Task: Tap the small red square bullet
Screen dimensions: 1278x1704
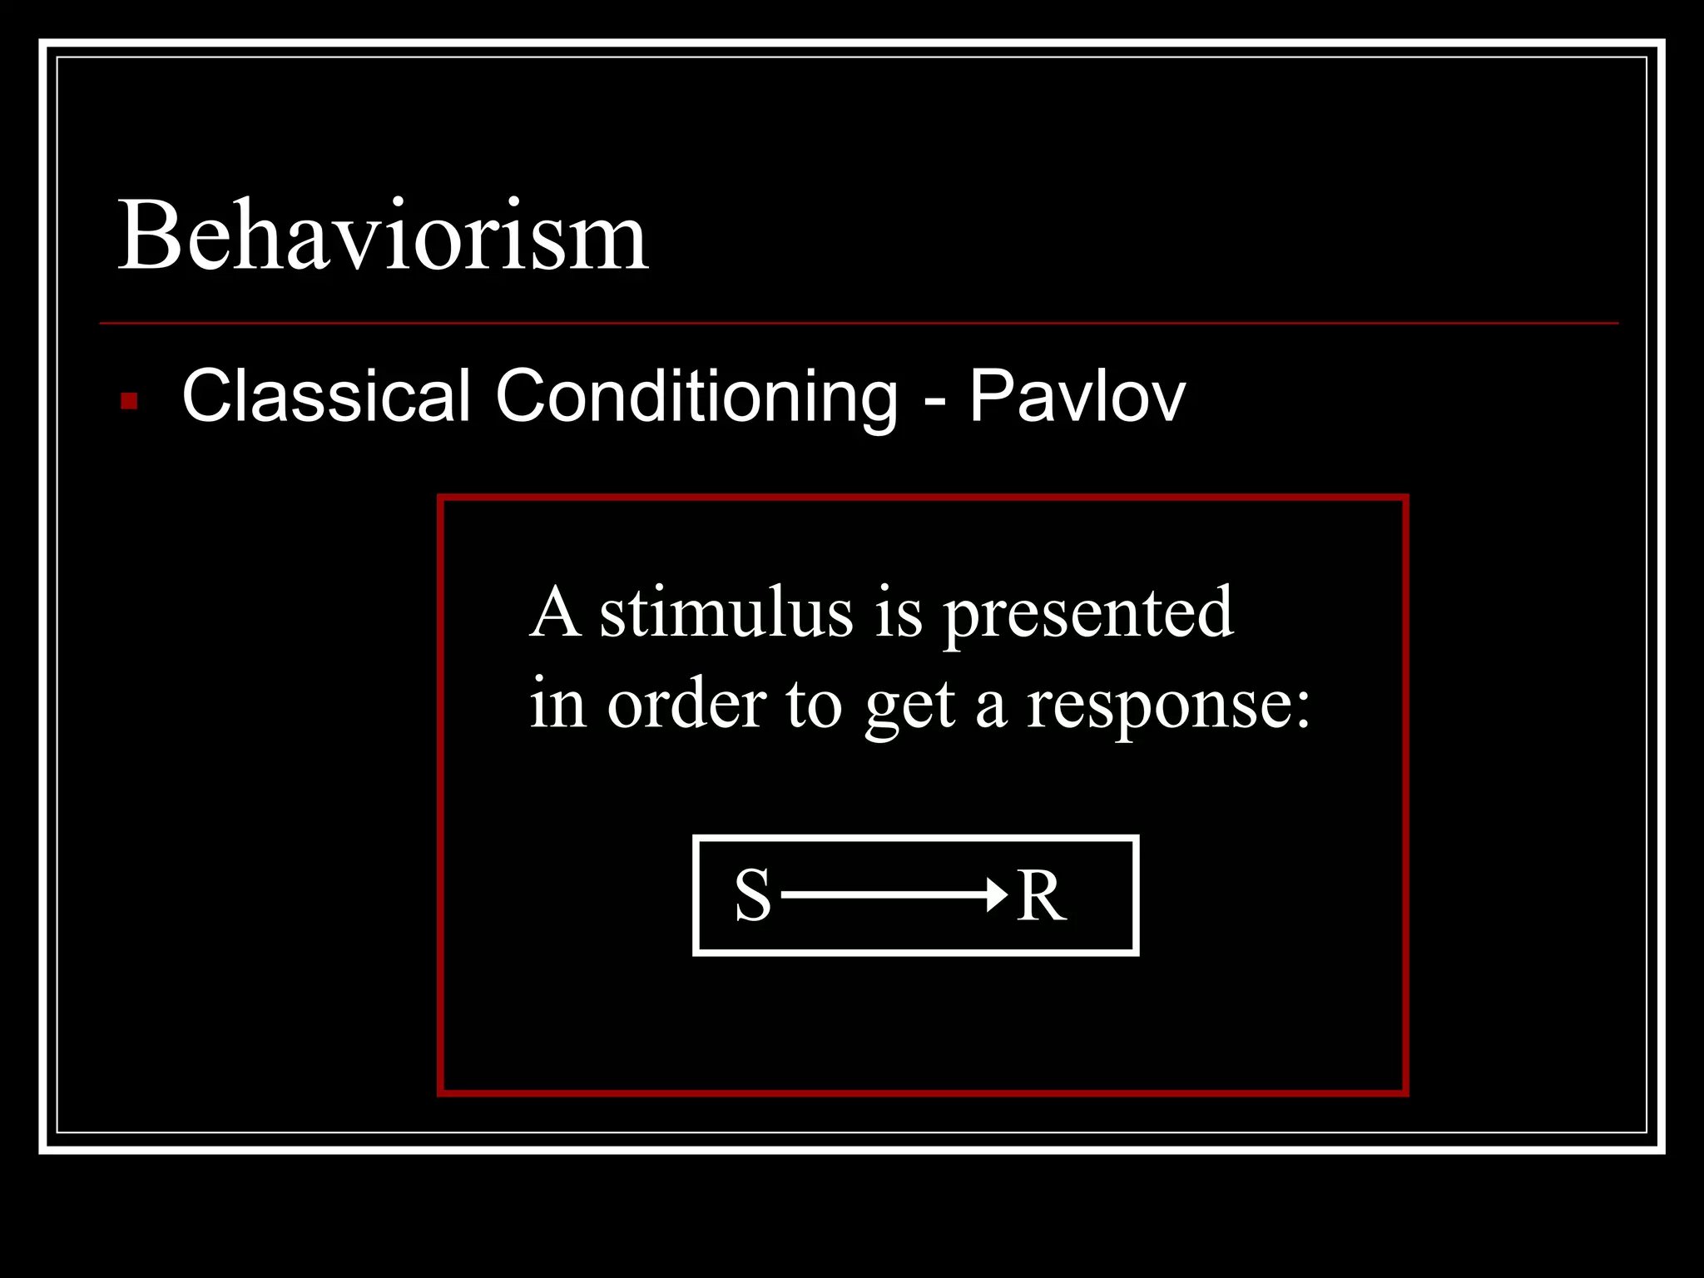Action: (129, 401)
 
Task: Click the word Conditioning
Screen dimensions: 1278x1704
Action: (697, 397)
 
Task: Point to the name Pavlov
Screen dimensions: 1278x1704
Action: (1077, 396)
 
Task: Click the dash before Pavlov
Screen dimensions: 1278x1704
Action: (934, 401)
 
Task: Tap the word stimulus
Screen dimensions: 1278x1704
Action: (726, 613)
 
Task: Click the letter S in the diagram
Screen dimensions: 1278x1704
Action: (753, 896)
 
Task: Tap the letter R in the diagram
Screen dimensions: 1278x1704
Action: (1041, 896)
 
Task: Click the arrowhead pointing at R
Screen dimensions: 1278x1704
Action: (997, 895)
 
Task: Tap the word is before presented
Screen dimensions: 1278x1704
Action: (899, 613)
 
